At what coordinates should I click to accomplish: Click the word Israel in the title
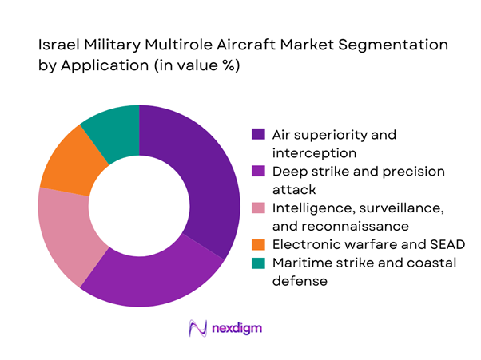pos(58,47)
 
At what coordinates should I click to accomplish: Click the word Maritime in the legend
pos(298,262)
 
